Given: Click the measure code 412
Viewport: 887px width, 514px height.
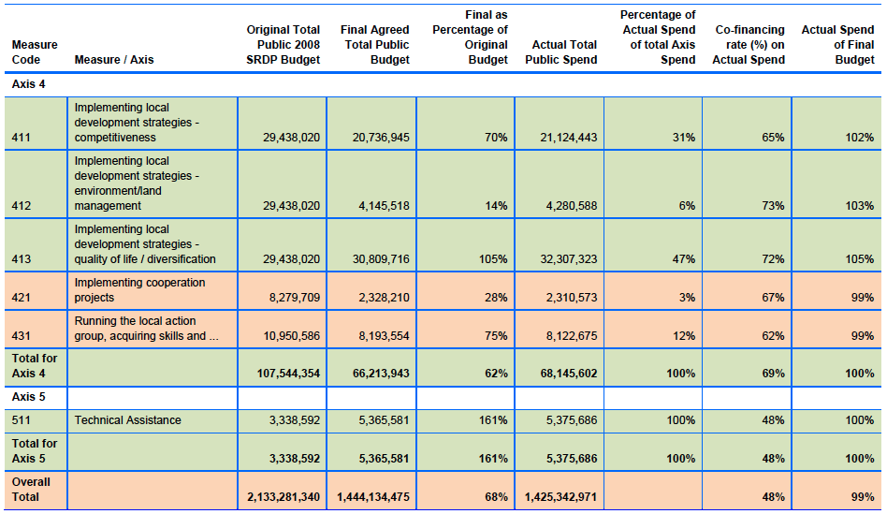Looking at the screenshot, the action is click(x=22, y=206).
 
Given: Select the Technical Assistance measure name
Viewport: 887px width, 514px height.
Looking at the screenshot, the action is click(x=128, y=420).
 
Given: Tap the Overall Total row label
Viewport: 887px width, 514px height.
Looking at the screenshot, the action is click(x=31, y=490).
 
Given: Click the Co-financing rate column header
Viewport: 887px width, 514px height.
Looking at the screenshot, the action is click(x=749, y=45).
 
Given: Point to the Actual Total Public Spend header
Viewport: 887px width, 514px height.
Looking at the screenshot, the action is click(x=561, y=52).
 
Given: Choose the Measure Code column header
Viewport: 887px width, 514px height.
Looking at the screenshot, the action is click(x=35, y=52).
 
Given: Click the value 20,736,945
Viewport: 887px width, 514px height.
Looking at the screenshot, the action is click(x=381, y=138).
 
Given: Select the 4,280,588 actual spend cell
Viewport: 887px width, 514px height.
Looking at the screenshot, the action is click(x=572, y=206).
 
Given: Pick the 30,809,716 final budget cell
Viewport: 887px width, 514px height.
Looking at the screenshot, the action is click(x=381, y=259).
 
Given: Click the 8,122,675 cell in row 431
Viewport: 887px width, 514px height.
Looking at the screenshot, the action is click(x=572, y=336).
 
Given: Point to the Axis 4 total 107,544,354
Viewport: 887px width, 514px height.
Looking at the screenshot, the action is click(x=288, y=374).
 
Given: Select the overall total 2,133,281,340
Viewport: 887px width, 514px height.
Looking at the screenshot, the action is click(x=284, y=497).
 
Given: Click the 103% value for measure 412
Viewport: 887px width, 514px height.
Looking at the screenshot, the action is click(x=860, y=206).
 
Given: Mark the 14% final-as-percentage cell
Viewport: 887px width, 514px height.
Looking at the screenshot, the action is click(x=496, y=206).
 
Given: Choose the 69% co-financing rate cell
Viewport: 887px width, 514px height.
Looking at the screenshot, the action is click(x=773, y=374).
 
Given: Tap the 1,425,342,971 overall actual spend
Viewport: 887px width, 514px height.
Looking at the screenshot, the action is click(x=560, y=497).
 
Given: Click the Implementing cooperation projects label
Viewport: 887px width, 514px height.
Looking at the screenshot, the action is click(x=139, y=290).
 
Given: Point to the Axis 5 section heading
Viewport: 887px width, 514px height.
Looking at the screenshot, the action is click(x=28, y=397).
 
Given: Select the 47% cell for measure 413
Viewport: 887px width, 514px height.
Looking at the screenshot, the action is click(x=684, y=259).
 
